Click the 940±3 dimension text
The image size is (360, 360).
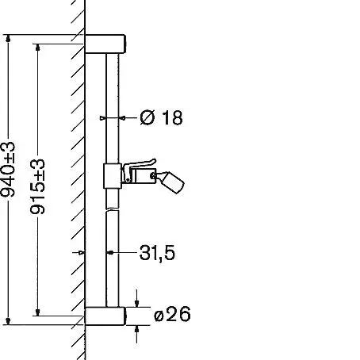(x=8, y=170)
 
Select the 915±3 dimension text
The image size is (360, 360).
(x=37, y=186)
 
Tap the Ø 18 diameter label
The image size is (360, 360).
(x=161, y=117)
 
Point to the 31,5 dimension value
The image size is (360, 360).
(x=157, y=253)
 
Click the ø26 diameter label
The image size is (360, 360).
(x=172, y=314)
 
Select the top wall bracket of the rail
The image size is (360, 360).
(x=105, y=44)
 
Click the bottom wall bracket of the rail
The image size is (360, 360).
(x=105, y=316)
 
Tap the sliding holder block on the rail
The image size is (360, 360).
(x=113, y=176)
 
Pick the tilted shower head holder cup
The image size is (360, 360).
(x=172, y=182)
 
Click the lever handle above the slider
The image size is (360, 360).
(x=139, y=165)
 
